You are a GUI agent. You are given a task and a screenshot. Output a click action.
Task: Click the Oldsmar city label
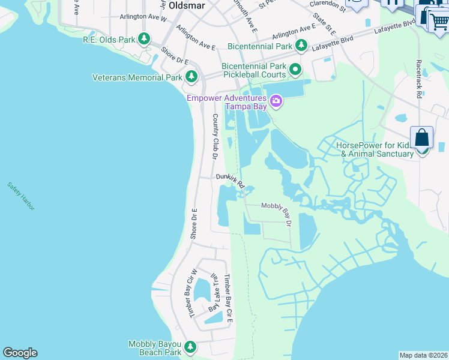[187, 5]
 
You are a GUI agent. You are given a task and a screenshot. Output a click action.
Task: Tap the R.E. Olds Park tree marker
[144, 40]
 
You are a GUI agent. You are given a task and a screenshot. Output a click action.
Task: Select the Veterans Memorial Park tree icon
[191, 77]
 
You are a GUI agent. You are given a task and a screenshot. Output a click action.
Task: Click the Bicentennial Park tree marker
[301, 46]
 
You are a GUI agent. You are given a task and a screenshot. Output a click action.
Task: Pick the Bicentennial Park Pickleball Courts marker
[295, 70]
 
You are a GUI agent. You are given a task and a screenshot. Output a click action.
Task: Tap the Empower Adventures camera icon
[276, 101]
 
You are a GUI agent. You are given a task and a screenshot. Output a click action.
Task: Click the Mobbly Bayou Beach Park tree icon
[190, 347]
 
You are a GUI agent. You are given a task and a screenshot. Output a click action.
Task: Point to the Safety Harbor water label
[22, 196]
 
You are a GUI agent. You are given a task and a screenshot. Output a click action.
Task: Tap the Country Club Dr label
[214, 136]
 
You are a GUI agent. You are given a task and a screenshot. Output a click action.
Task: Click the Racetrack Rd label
[418, 78]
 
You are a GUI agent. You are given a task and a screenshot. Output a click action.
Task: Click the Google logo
[20, 353]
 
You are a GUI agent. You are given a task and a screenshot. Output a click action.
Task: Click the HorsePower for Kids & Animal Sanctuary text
[375, 149]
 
